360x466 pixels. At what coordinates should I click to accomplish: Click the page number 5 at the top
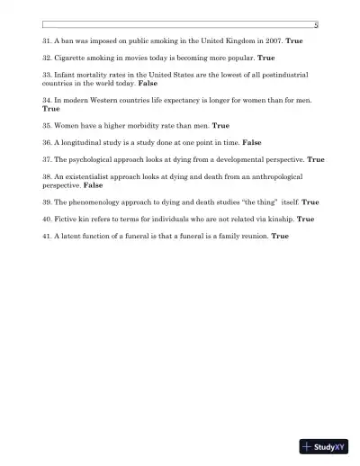click(315, 25)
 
